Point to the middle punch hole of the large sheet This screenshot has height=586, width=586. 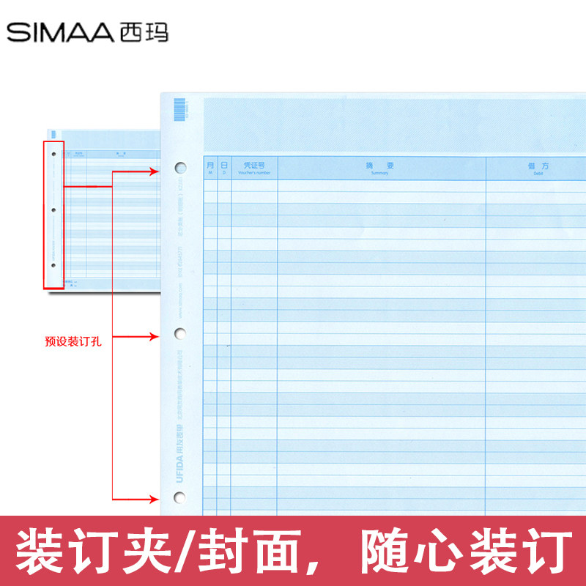[179, 335]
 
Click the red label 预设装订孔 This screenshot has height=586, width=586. [73, 341]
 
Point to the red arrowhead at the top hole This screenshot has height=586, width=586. [155, 171]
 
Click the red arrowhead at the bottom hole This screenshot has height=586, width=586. [155, 500]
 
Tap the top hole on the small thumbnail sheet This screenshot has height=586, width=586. [54, 155]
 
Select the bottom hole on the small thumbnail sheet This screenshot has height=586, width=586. [54, 265]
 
